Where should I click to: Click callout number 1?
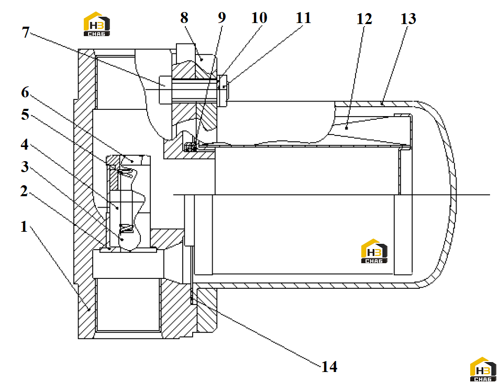[24, 227]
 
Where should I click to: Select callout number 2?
[24, 191]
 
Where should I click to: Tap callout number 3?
[25, 167]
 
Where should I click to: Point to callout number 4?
[25, 144]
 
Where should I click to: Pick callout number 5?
[25, 115]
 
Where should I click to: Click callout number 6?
[25, 92]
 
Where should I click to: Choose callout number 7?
[26, 32]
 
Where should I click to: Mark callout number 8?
[184, 18]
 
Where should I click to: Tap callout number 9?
[222, 18]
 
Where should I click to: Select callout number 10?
[259, 18]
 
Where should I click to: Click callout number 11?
[303, 18]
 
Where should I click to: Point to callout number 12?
[364, 19]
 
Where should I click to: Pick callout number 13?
[408, 19]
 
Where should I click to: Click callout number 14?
[329, 366]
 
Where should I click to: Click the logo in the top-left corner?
[97, 24]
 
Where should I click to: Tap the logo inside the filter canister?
[374, 251]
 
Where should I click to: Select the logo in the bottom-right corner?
[483, 369]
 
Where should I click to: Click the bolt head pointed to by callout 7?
[165, 89]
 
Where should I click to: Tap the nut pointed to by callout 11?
[223, 91]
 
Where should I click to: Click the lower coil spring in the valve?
[126, 228]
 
